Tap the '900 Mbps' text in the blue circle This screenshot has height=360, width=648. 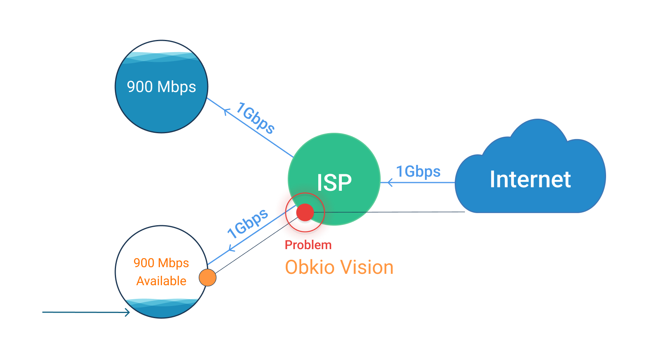161,87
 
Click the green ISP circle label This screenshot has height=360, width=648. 334,183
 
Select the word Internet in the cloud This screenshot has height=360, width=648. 530,179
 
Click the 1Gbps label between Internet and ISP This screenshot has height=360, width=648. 418,172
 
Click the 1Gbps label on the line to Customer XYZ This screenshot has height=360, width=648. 255,118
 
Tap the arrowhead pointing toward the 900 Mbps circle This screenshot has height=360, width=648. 226,111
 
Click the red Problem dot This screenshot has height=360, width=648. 305,213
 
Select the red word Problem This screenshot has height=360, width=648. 308,245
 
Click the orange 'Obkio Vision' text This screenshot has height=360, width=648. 339,268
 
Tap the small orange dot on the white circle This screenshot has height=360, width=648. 207,277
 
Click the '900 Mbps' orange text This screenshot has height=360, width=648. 161,263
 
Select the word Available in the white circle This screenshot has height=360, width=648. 161,281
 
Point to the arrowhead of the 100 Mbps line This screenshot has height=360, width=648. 128,312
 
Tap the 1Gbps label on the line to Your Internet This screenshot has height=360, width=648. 248,223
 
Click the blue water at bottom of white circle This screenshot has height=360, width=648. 162,309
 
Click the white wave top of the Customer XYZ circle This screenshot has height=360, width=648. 161,48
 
